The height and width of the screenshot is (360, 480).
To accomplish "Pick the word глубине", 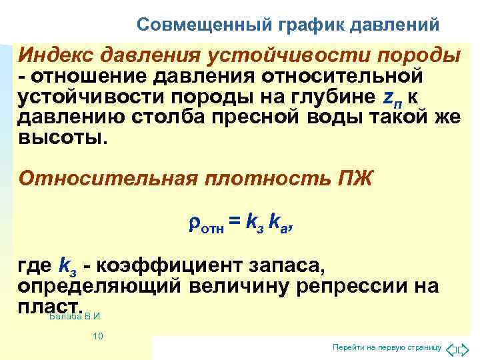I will pos(326,96).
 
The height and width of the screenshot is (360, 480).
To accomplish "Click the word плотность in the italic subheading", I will pos(254,178).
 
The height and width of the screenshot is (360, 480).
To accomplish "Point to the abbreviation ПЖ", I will pos(357,178).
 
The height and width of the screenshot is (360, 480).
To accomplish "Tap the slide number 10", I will pos(99,337).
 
